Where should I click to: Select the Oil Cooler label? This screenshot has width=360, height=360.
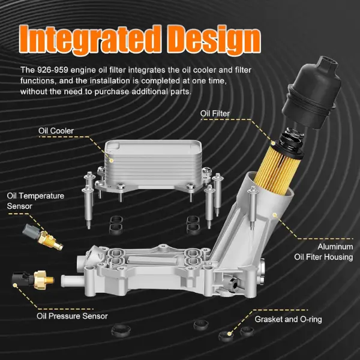56,131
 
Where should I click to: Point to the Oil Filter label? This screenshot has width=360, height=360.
215,113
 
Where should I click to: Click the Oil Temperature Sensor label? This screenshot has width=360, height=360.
35,201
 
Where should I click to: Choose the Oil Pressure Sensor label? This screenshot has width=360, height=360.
72,316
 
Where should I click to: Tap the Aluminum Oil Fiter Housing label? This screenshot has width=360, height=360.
324,252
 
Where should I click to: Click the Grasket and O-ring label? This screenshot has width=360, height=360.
289,319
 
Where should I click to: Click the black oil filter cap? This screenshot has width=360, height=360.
312,92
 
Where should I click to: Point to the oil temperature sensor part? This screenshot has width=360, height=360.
43,237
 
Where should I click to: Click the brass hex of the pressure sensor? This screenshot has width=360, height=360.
41,280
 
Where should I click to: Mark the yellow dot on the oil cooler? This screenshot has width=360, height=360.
112,160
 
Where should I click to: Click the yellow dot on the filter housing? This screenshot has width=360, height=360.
275,215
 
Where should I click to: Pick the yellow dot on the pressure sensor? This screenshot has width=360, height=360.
15,286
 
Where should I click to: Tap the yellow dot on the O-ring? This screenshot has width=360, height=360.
229,334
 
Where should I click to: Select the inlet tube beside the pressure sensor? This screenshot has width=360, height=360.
73,281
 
